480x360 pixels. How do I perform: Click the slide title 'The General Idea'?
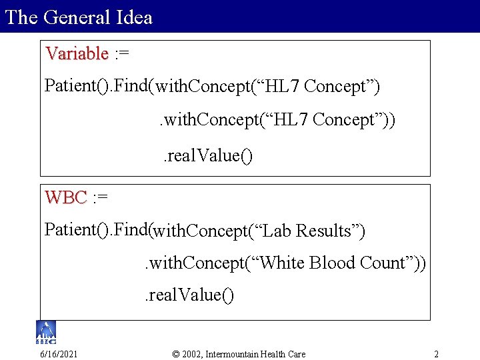click(79, 17)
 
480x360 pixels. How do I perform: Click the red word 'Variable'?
click(77, 53)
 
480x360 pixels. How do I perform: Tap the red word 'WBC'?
click(66, 197)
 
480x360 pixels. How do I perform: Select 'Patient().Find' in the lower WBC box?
click(97, 230)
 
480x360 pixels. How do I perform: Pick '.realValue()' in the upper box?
click(208, 156)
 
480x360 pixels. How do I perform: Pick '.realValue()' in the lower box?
click(189, 295)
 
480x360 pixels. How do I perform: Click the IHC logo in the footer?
click(46, 331)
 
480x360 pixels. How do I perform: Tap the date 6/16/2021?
click(58, 353)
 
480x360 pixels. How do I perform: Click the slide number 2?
click(436, 353)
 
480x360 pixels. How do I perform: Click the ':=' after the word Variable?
click(122, 53)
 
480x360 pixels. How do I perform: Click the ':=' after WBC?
click(100, 197)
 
